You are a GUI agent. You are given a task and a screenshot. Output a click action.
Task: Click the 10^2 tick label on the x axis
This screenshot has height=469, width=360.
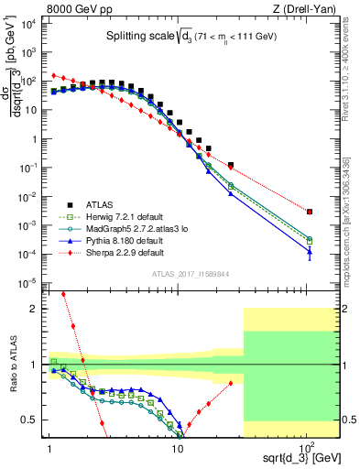310,448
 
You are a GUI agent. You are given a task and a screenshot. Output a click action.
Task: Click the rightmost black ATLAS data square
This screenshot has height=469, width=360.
310,212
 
